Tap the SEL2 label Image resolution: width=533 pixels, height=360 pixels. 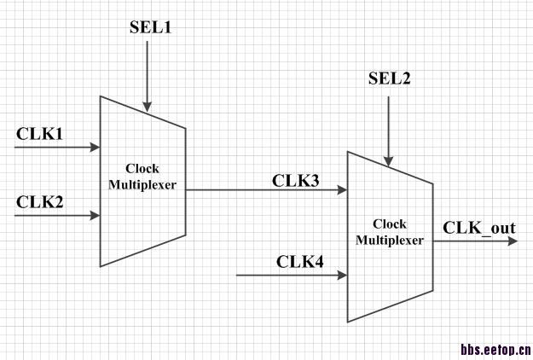tap(389, 79)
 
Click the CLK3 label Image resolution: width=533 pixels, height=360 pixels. tap(295, 180)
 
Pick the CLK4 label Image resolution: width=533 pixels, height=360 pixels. tap(299, 261)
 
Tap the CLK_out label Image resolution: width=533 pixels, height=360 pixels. tap(478, 228)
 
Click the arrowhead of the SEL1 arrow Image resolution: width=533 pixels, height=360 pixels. tap(147, 107)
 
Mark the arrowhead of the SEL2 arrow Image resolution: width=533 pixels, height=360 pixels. tap(389, 160)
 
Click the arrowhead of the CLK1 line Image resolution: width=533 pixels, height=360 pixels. tap(96, 148)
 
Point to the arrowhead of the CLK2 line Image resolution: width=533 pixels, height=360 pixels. tap(96, 216)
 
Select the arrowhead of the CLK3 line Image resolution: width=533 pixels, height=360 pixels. tap(342, 190)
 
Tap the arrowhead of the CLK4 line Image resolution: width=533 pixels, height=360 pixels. tap(342, 276)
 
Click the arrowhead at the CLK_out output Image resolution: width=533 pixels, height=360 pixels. tap(511, 241)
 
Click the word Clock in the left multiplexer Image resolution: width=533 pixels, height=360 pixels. tap(142, 169)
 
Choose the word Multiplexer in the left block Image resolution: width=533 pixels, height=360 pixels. tap(142, 183)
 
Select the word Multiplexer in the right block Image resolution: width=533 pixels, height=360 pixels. tap(389, 241)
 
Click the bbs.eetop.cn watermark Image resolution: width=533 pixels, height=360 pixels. tap(495, 349)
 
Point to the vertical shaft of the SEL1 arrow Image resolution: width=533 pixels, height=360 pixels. tap(147, 73)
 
